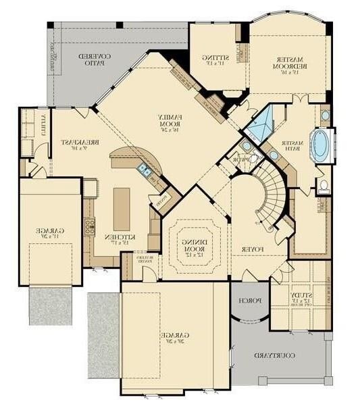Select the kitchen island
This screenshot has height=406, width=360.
coord(122,208)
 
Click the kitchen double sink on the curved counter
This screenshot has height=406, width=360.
coord(143,170)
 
